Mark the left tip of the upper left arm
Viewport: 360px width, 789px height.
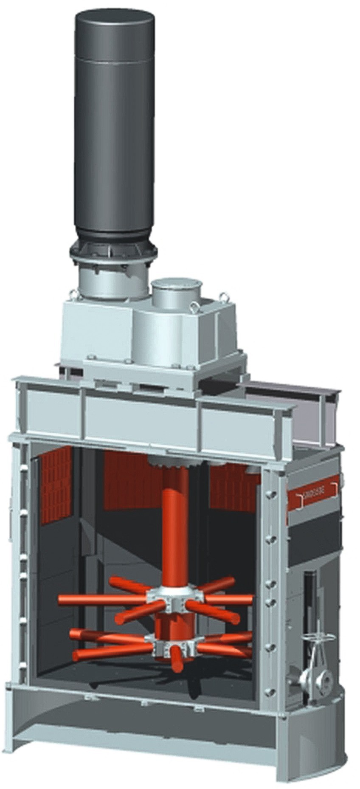[62, 600]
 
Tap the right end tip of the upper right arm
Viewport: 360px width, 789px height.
[250, 600]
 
